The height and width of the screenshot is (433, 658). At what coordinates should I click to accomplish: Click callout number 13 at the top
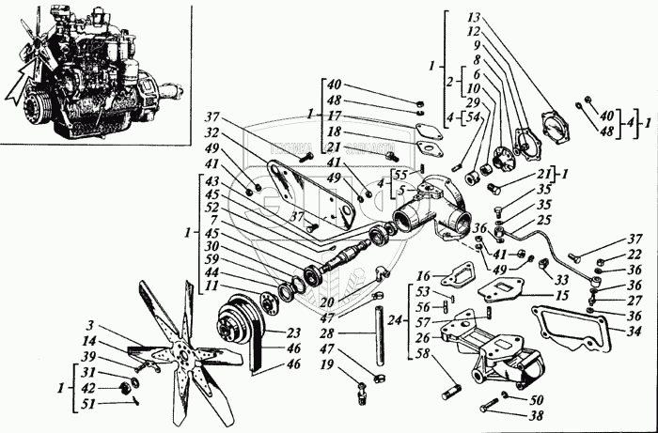474,19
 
